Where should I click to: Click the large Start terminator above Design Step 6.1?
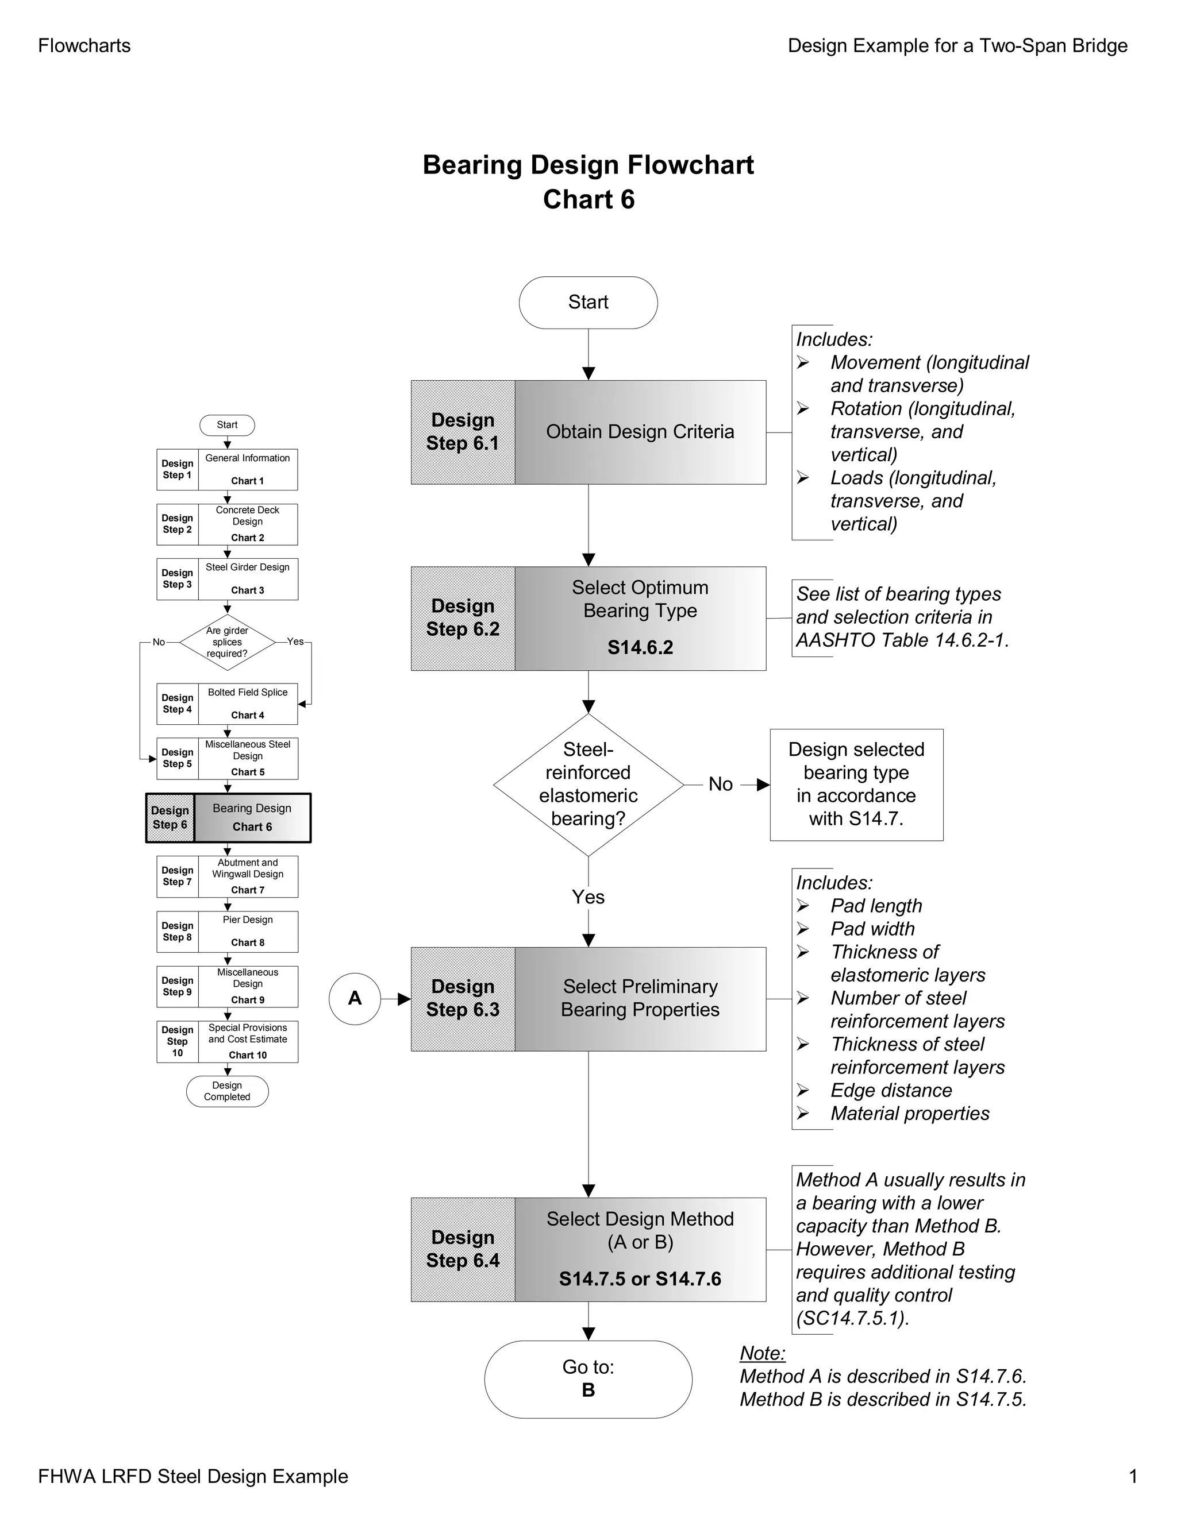pos(588,303)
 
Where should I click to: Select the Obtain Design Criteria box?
pos(640,432)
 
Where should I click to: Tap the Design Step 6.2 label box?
pos(463,618)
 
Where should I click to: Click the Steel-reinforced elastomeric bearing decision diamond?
pos(588,785)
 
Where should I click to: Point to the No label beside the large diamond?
pos(720,785)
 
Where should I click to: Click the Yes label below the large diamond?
pos(588,897)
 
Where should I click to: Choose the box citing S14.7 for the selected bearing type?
pos(856,785)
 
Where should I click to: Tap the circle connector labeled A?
pos(355,999)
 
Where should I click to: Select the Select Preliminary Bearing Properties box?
pos(640,999)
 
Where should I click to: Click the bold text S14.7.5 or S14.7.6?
pos(640,1279)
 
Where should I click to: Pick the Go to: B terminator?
pos(588,1379)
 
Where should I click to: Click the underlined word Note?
pos(762,1353)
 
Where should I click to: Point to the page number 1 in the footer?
pos(1133,1476)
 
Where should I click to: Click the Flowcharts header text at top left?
pos(84,46)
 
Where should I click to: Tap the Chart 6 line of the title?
pos(588,200)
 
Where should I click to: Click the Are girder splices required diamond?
pos(228,643)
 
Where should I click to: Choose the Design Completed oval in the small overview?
pos(228,1091)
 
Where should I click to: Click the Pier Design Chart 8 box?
pos(248,932)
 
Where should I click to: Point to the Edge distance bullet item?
pos(891,1091)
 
